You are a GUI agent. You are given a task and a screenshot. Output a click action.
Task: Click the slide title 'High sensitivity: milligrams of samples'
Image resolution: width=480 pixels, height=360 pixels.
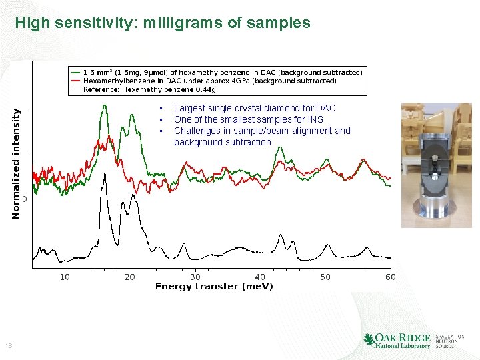click(163, 23)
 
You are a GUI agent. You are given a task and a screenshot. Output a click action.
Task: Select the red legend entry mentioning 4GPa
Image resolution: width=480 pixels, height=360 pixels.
click(209, 81)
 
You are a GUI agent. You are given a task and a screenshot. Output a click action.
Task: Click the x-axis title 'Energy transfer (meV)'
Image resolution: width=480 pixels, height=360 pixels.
click(214, 287)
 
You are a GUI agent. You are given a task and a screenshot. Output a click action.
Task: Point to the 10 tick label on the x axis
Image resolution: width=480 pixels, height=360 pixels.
click(65, 277)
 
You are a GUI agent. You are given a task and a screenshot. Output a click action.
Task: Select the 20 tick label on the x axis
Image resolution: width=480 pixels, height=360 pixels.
click(129, 277)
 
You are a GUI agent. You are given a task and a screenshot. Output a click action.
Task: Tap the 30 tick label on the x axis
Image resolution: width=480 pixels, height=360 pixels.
click(195, 277)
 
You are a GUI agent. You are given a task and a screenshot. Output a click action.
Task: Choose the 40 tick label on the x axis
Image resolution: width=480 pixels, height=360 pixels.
click(260, 277)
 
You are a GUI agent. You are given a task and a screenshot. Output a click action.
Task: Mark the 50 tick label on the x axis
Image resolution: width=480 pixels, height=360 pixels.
click(325, 277)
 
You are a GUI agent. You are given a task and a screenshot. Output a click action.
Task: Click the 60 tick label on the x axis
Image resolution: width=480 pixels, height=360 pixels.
click(389, 277)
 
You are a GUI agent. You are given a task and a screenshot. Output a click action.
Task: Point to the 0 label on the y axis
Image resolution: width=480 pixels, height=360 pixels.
click(25, 199)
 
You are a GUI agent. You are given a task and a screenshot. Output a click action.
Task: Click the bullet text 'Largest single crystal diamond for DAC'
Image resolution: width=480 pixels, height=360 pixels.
click(254, 108)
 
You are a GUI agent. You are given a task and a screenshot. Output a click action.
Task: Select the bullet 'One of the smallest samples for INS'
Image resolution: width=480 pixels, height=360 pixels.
click(248, 119)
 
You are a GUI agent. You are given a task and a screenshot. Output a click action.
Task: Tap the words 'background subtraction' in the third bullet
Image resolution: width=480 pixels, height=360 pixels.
click(222, 142)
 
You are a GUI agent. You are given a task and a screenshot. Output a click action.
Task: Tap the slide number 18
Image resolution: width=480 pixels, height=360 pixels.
click(8, 345)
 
